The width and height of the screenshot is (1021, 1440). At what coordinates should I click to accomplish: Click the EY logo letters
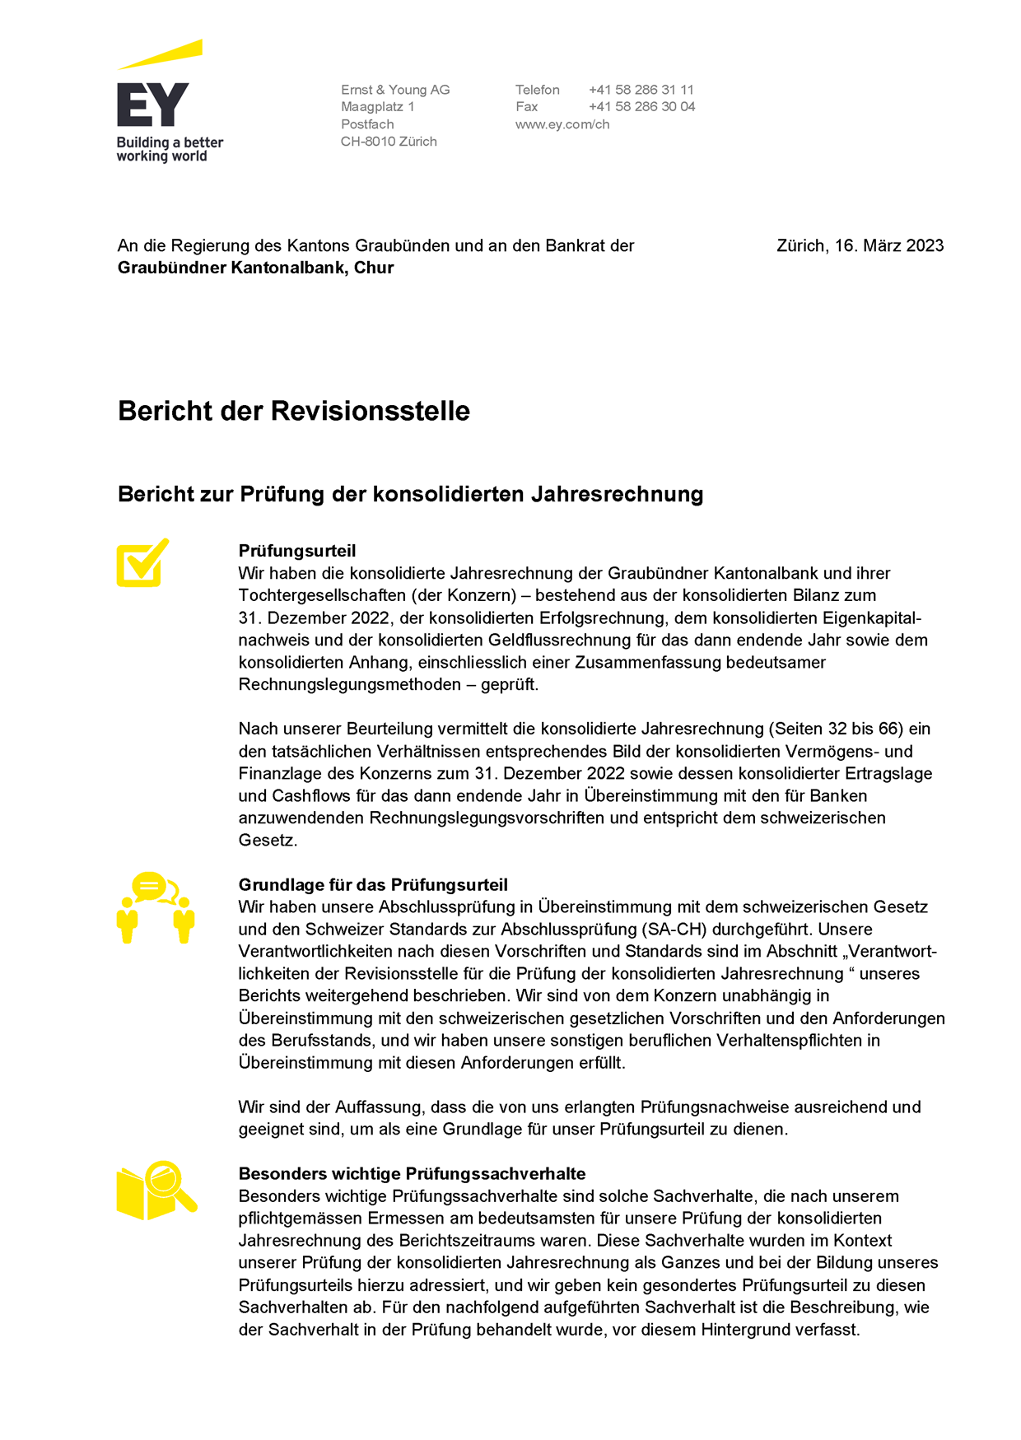click(153, 105)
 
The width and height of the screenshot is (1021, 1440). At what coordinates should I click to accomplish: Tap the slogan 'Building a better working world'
click(170, 149)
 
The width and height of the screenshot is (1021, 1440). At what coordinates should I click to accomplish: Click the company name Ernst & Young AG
click(395, 90)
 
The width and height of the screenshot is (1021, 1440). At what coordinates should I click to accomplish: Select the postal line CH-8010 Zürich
click(389, 142)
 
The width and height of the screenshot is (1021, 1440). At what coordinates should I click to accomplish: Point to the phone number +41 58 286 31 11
click(641, 90)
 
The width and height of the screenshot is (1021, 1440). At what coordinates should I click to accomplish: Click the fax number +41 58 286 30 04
click(641, 107)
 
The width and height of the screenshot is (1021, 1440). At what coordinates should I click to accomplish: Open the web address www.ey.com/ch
click(562, 124)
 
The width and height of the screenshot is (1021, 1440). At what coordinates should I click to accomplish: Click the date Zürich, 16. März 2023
click(860, 245)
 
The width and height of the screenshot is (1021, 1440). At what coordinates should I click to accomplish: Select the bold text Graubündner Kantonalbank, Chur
click(255, 268)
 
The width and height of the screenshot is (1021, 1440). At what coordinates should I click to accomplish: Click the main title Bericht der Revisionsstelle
click(294, 411)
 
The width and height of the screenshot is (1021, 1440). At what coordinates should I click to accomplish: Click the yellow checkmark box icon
click(142, 563)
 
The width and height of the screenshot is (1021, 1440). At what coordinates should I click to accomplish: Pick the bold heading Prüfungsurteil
click(297, 551)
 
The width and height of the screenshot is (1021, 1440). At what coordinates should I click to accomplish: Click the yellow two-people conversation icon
click(155, 906)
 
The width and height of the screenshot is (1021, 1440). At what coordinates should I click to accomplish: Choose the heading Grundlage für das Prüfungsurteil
click(373, 885)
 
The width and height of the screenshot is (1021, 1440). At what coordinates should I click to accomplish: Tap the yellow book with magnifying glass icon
click(156, 1191)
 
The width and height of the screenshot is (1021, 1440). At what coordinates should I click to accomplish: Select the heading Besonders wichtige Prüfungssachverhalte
click(412, 1174)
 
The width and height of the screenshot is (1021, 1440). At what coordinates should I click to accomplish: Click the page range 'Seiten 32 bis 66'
click(836, 729)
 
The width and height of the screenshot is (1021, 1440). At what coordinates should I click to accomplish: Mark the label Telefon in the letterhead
click(537, 90)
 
